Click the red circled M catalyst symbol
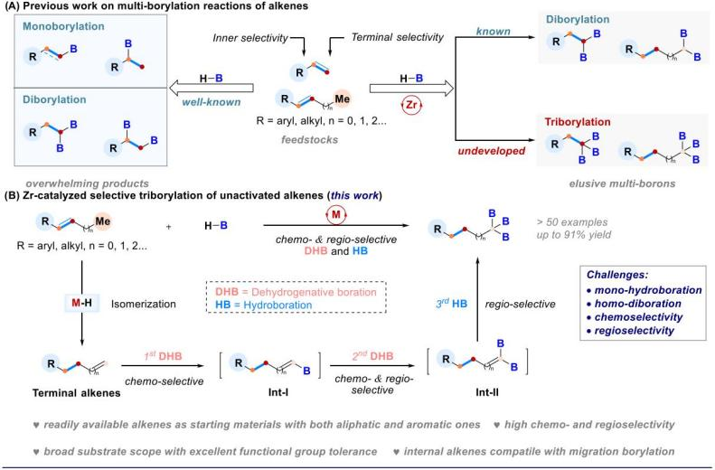click(336, 215)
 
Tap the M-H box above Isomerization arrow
click(81, 302)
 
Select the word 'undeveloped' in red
click(491, 151)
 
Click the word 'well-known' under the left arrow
click(212, 102)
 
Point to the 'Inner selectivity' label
click(250, 38)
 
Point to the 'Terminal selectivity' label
click(397, 37)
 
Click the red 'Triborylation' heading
click(578, 122)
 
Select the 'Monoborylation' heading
click(63, 26)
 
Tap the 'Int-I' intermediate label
click(278, 392)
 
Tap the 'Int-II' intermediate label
click(487, 392)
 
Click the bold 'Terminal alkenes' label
click(76, 393)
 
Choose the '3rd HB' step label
click(451, 304)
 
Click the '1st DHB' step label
click(163, 356)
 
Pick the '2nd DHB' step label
click(372, 356)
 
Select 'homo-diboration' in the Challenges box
click(637, 304)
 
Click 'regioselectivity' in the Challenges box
click(634, 331)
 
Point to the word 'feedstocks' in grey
click(310, 139)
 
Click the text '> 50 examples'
click(572, 222)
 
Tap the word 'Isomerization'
click(143, 304)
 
